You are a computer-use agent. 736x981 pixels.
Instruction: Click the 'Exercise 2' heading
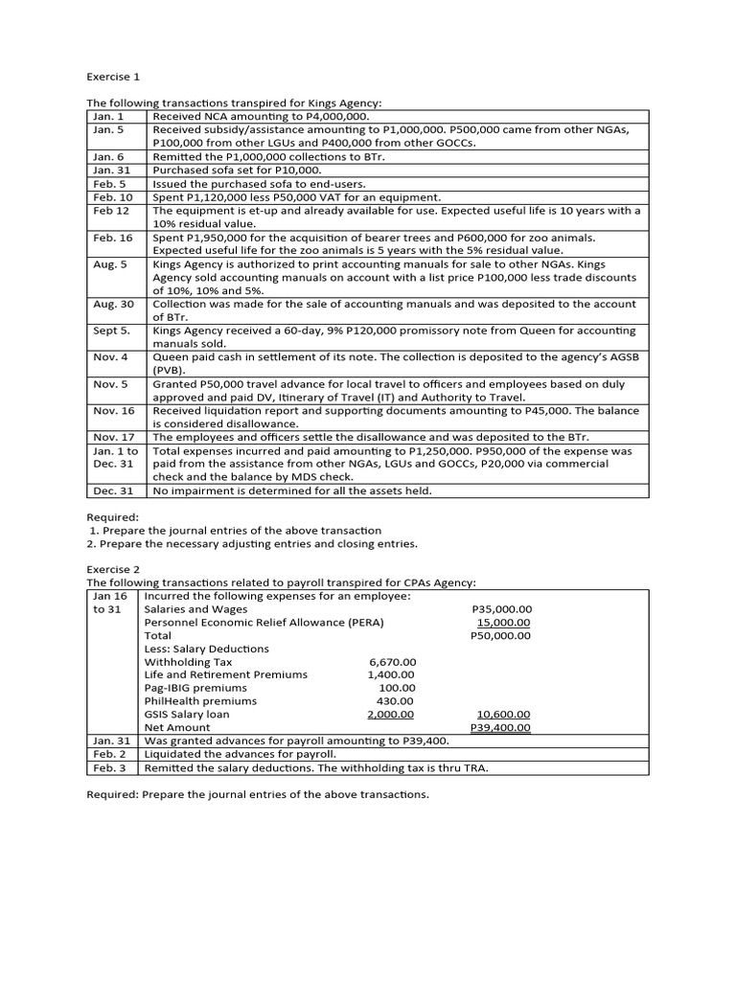113,569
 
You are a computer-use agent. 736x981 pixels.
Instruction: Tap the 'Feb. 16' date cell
113,237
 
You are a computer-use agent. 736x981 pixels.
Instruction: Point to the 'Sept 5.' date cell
112,331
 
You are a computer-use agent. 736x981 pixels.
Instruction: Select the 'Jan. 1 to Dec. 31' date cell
115,457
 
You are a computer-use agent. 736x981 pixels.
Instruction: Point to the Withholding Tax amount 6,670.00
392,661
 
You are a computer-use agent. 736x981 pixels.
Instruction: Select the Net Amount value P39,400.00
501,728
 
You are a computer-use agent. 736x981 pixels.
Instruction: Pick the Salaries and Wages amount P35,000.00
502,608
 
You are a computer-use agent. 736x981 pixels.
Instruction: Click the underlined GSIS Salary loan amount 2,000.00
391,715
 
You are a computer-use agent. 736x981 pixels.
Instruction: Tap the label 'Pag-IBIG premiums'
195,688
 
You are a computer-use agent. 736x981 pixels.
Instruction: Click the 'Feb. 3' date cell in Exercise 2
111,768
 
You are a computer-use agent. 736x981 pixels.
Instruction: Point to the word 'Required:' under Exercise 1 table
113,516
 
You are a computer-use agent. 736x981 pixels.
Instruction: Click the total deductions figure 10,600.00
503,715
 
